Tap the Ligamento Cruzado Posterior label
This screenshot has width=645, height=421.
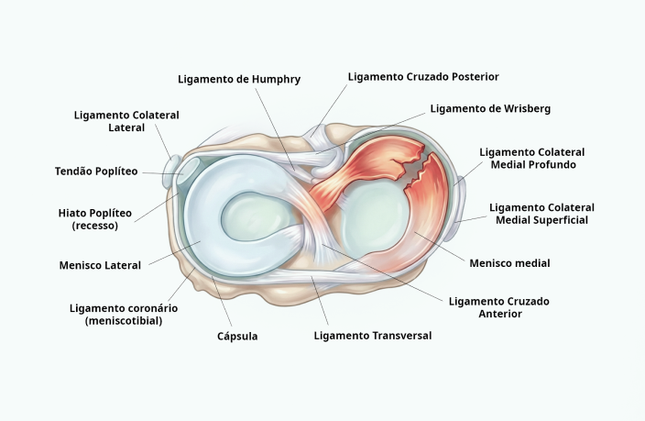pyautogui.click(x=423, y=77)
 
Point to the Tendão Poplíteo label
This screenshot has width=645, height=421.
pyautogui.click(x=96, y=171)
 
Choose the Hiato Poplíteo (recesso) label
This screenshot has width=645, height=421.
pyautogui.click(x=94, y=219)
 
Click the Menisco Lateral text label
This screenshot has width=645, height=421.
pyautogui.click(x=100, y=266)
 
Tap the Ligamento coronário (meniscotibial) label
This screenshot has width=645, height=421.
pyautogui.click(x=122, y=315)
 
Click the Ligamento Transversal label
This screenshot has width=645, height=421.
pyautogui.click(x=372, y=336)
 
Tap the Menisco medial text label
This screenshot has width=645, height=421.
pyautogui.click(x=509, y=263)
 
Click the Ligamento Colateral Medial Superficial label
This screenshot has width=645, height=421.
pyautogui.click(x=541, y=214)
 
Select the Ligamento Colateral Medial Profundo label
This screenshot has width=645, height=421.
pyautogui.click(x=532, y=158)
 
